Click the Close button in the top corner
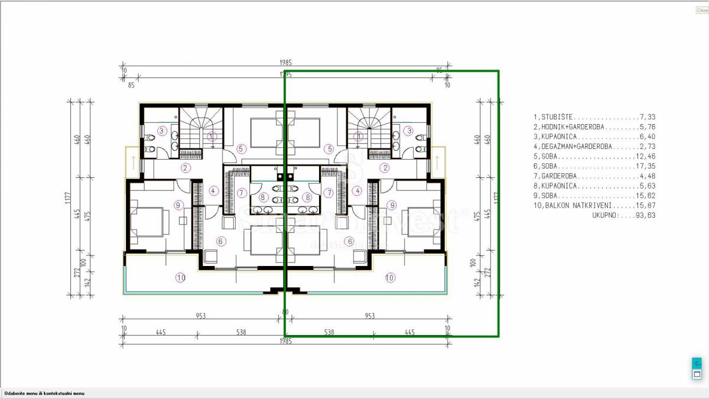(x=702, y=10)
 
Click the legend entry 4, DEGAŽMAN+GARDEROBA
(x=594, y=146)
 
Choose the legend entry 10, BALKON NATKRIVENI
(x=594, y=206)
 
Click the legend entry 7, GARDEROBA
(x=594, y=176)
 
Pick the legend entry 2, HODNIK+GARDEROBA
(x=594, y=127)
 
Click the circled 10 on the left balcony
(x=180, y=277)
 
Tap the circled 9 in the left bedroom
(x=178, y=205)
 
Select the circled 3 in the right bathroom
(x=408, y=131)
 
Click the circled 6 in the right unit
(x=350, y=241)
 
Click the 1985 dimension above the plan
(x=286, y=63)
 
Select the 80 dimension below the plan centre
(x=285, y=312)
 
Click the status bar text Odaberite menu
(x=44, y=393)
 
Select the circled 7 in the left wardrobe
(x=241, y=193)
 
